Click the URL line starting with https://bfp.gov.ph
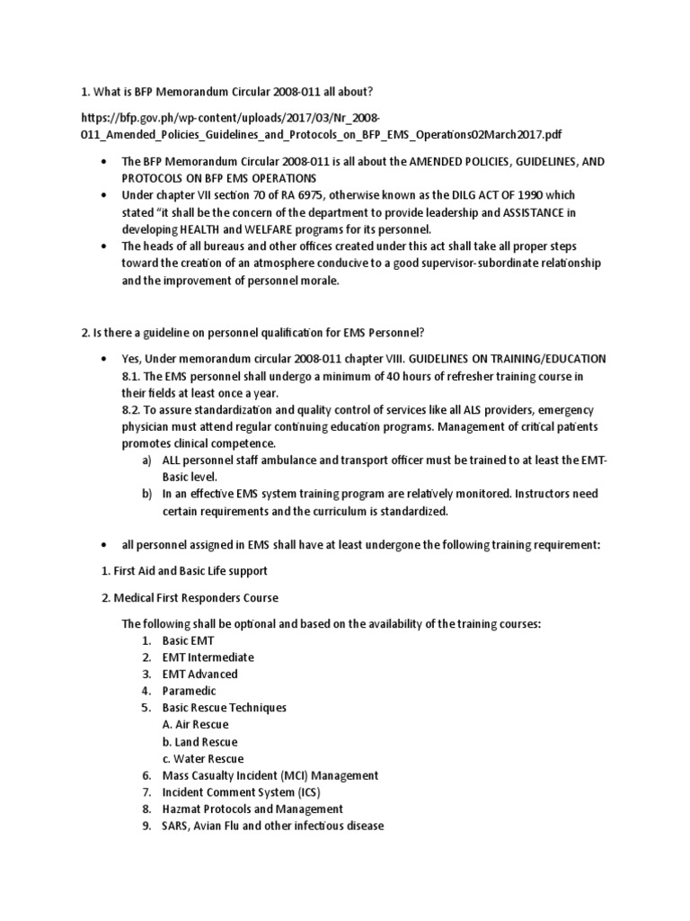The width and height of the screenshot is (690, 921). click(230, 118)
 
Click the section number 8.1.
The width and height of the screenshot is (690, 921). click(133, 375)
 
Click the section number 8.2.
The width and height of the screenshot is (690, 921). click(133, 409)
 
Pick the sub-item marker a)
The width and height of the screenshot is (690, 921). click(146, 460)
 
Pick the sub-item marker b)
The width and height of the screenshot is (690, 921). click(146, 494)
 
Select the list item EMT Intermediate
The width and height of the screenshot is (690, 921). click(208, 657)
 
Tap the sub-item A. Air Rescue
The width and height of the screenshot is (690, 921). click(195, 725)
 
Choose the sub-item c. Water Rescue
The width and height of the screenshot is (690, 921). click(203, 759)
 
